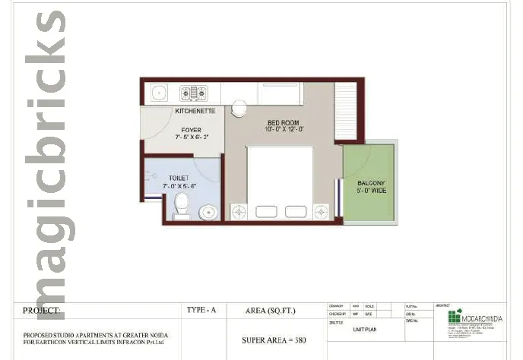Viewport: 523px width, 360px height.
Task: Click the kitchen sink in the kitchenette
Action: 158,93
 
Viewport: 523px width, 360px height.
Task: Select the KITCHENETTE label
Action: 195,112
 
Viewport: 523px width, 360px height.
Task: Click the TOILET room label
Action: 179,178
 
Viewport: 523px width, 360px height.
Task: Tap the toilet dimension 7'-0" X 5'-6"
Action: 179,186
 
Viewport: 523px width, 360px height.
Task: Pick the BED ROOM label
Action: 284,122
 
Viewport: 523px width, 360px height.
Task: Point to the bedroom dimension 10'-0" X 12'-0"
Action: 284,130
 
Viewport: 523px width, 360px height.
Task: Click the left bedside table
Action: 238,211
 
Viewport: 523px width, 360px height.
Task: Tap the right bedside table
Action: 321,211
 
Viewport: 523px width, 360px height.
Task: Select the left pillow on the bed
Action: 266,211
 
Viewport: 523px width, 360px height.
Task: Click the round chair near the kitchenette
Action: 238,107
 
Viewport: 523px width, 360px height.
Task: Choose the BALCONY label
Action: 371,183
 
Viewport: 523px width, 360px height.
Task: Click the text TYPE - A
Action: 202,311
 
